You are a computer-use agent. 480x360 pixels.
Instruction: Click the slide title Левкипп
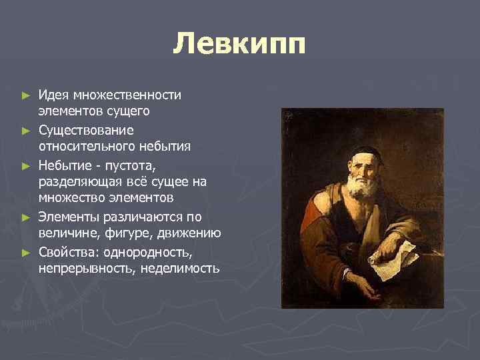[x=239, y=45]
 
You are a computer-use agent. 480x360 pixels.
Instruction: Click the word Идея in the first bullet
[x=52, y=95]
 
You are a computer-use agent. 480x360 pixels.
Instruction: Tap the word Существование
[x=86, y=129]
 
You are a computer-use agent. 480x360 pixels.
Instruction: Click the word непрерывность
[x=80, y=269]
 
